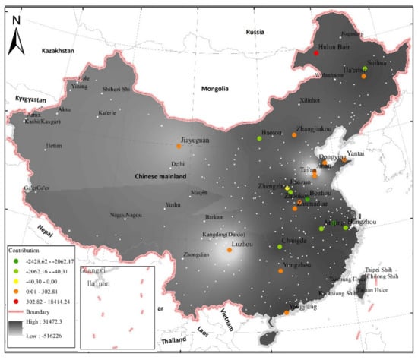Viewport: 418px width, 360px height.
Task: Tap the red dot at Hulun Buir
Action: pos(316,52)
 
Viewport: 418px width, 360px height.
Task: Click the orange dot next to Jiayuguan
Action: pos(179,146)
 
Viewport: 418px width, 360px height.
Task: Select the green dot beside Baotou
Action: pos(260,139)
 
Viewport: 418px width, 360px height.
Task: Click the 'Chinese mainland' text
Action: pos(156,177)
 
